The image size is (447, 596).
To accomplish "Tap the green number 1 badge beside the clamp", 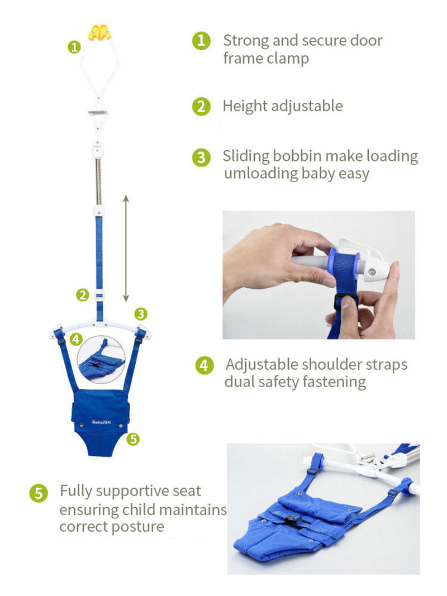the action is click(x=74, y=47).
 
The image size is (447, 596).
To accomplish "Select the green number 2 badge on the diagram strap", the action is click(x=83, y=294).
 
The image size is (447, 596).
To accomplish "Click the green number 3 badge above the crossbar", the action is click(x=141, y=314).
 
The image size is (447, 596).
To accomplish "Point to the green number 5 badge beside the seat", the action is click(x=132, y=440).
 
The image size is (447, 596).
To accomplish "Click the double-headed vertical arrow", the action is click(x=126, y=249).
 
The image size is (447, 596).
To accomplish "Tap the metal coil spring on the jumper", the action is click(x=98, y=182).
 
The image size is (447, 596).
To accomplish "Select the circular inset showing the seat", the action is click(x=101, y=359).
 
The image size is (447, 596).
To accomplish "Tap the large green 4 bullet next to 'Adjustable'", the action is click(x=205, y=365).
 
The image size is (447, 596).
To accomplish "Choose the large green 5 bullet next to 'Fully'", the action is click(x=39, y=493).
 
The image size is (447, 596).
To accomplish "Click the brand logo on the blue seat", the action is click(x=101, y=422).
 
